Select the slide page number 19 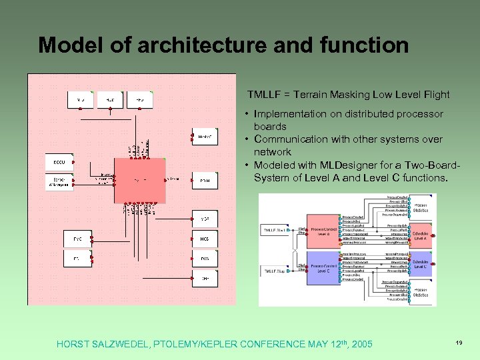[x=459, y=342]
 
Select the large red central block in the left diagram [x=139, y=180]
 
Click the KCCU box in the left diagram [x=59, y=162]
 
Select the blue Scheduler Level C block [x=421, y=266]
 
